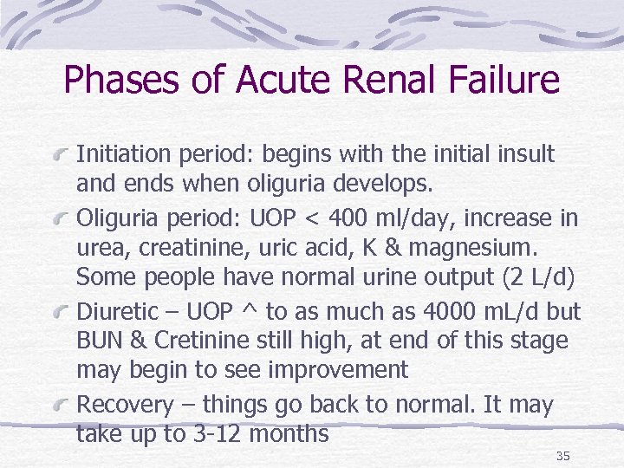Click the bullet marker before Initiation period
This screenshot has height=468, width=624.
[x=62, y=156]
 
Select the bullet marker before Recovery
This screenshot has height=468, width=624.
[x=62, y=405]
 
